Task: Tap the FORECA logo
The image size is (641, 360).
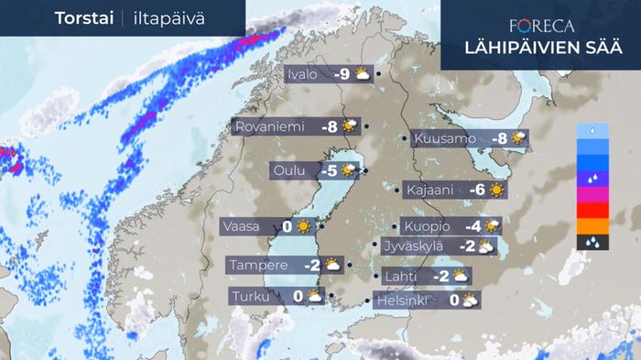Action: pyautogui.click(x=541, y=27)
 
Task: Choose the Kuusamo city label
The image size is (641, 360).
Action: pyautogui.click(x=444, y=139)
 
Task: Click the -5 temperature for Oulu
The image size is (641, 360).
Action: pyautogui.click(x=328, y=170)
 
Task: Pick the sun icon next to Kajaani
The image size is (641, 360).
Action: pyautogui.click(x=496, y=191)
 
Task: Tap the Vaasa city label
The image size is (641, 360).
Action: pyautogui.click(x=247, y=226)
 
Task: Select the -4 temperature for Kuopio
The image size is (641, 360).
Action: pyautogui.click(x=473, y=226)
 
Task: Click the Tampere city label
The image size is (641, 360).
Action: pyautogui.click(x=259, y=266)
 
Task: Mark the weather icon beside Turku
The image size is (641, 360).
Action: pyautogui.click(x=314, y=296)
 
